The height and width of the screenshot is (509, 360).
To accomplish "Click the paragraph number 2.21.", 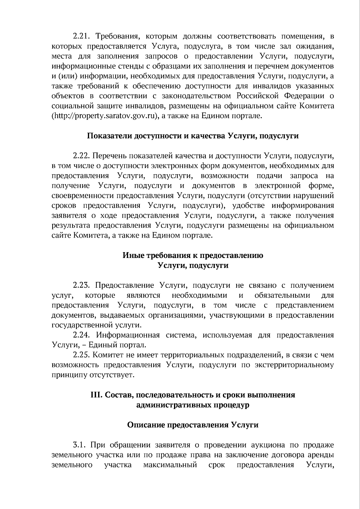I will click(x=82, y=37).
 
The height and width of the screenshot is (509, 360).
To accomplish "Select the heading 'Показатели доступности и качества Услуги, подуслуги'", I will click(x=193, y=136).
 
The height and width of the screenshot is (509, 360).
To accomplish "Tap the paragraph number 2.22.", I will click(x=82, y=156).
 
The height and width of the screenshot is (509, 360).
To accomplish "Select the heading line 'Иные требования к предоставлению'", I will click(x=193, y=255).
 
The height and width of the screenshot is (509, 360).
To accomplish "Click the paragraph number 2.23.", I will click(x=82, y=285).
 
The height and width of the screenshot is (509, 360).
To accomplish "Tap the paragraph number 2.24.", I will click(x=82, y=335).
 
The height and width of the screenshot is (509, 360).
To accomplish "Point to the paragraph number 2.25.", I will click(x=82, y=355).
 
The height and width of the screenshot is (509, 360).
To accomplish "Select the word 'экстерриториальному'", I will click(x=294, y=365).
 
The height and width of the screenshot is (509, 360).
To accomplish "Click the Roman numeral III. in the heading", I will click(x=96, y=395).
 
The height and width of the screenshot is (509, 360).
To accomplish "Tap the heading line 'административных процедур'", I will click(x=193, y=405).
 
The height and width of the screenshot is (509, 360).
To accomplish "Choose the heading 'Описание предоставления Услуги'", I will click(x=193, y=425).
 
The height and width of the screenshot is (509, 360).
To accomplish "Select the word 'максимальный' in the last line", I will click(x=170, y=465).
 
